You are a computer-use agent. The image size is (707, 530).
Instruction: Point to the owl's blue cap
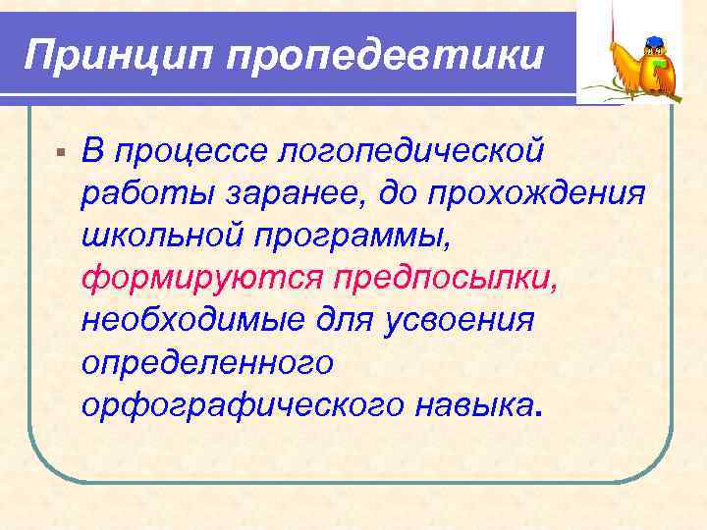click(x=656, y=42)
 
